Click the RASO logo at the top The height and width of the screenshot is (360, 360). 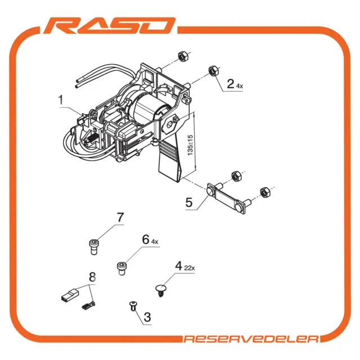pos(110,26)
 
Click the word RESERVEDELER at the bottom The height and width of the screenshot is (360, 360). pos(251,339)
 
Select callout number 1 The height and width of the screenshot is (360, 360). pos(61,100)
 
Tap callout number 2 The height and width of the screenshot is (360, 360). pos(230,84)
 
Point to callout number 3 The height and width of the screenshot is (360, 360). pos(147,317)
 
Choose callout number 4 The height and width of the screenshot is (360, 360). pos(179,266)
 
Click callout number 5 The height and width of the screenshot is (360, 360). pos(189,202)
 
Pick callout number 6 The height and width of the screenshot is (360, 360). pos(146,240)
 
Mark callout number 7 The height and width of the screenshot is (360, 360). pos(120,217)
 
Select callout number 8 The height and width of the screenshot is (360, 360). pos(92,277)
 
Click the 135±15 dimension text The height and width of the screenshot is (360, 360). pos(190,145)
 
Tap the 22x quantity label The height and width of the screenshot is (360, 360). pos(190,268)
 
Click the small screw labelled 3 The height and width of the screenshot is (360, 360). pos(133,306)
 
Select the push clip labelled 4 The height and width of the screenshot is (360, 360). pos(161,290)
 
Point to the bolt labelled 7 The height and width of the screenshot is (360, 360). pos(93,247)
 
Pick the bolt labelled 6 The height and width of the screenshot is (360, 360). pos(121,268)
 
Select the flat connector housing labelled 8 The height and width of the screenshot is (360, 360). pos(70,295)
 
